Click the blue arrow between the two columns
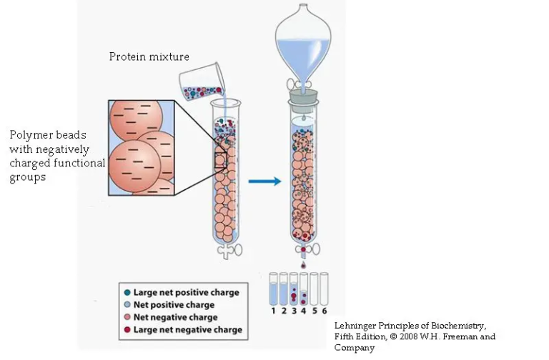coord(264,181)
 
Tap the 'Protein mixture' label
coord(149,56)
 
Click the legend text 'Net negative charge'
coord(175,317)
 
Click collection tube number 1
coord(272,291)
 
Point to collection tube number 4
coord(303,291)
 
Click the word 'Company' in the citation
coord(355,348)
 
